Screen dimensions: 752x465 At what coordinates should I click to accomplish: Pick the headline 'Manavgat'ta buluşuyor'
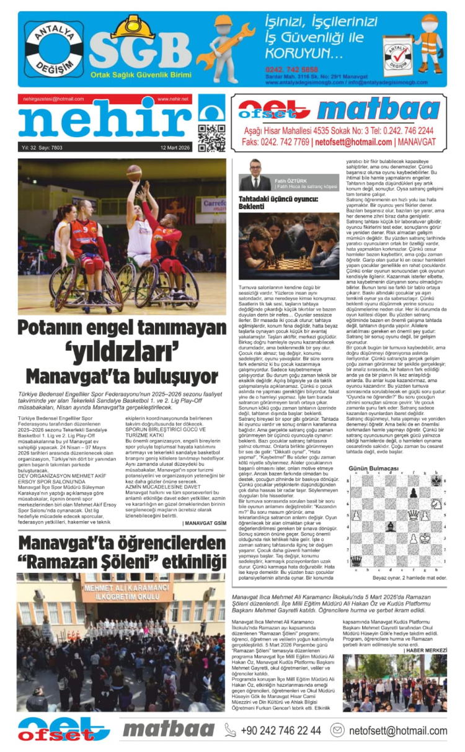pos(122,376)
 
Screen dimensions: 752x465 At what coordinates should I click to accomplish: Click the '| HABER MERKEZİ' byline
pos(425,650)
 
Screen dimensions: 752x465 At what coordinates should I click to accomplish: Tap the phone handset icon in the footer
pos(231,730)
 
